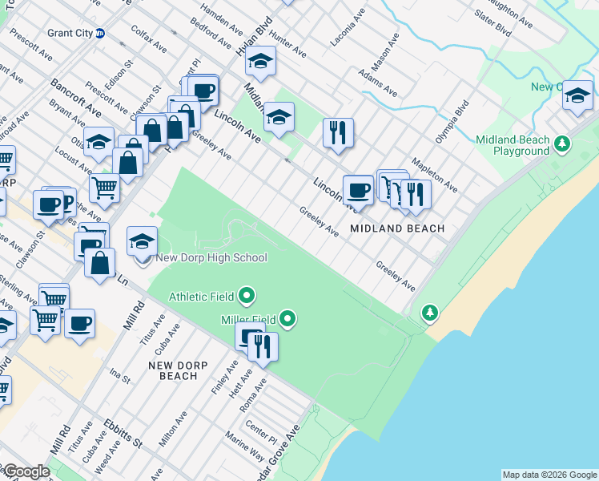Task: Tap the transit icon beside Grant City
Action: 100,34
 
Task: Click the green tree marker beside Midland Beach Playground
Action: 563,144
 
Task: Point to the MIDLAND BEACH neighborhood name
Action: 396,228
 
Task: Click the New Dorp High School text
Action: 211,257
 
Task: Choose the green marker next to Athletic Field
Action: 247,297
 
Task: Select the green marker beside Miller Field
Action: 288,320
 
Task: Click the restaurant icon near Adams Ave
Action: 338,131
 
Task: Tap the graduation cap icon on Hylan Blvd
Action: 260,60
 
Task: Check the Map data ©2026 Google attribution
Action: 549,475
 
